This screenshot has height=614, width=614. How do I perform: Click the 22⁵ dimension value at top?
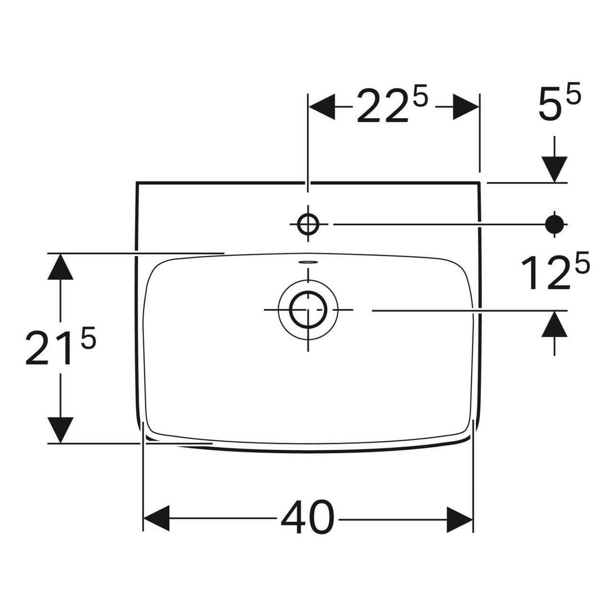pyautogui.click(x=391, y=107)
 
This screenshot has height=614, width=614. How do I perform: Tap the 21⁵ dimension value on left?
pyautogui.click(x=60, y=348)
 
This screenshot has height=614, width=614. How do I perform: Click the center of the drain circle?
pyautogui.click(x=308, y=310)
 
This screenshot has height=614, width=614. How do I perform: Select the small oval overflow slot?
pyautogui.click(x=307, y=261)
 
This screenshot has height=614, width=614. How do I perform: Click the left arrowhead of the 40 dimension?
pyautogui.click(x=156, y=519)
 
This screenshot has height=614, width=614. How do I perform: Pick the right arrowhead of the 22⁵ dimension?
pyautogui.click(x=466, y=107)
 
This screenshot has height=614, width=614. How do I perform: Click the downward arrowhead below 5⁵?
pyautogui.click(x=554, y=169)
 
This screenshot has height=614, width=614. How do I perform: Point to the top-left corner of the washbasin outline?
pyautogui.click(x=136, y=182)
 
